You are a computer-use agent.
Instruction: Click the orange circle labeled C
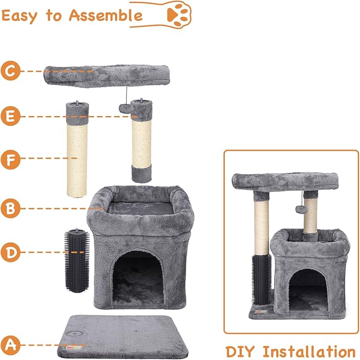pos(10,71)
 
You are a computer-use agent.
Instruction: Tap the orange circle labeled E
pos(10,116)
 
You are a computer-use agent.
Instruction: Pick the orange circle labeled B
pos(10,208)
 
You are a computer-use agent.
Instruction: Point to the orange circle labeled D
pos(10,252)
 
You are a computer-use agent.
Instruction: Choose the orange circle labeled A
pos(10,345)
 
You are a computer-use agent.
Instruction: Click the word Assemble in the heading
pos(106,15)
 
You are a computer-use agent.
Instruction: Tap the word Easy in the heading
pos(19,16)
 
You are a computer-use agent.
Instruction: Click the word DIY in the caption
pos(240,352)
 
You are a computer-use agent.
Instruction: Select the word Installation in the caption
pos(309,352)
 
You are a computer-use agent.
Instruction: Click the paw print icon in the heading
pos(179,15)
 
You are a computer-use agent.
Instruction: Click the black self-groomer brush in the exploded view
pos(77,260)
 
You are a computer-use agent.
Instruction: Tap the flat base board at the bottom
pos(123,336)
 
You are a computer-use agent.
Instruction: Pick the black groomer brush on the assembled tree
pos(262,279)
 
